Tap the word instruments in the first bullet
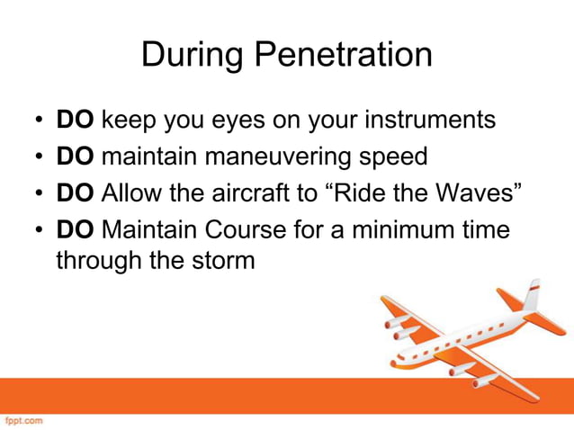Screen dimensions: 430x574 pyautogui.click(x=424, y=120)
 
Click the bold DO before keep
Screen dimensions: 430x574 pyautogui.click(x=76, y=120)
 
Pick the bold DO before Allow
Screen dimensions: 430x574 pyautogui.click(x=76, y=193)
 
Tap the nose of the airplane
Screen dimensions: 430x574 pyautogui.click(x=393, y=364)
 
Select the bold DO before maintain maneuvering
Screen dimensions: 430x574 pyautogui.click(x=76, y=157)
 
